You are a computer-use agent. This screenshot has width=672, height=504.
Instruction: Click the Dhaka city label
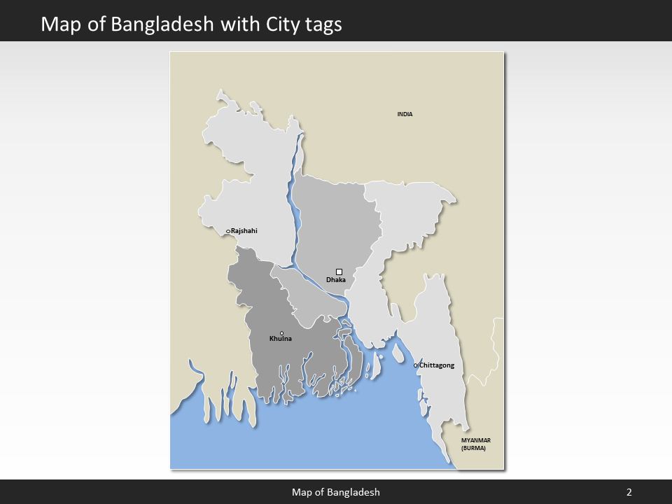336,281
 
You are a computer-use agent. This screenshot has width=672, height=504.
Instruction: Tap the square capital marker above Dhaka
339,272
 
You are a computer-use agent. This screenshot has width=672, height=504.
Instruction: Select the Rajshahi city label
244,230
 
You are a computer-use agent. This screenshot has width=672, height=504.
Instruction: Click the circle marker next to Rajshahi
228,231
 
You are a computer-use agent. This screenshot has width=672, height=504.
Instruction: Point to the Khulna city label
281,339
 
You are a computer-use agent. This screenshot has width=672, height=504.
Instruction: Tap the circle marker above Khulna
281,333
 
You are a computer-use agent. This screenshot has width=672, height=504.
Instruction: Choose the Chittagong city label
437,365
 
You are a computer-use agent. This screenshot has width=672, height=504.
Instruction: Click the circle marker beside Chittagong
416,365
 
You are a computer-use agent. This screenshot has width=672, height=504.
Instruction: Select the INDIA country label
405,114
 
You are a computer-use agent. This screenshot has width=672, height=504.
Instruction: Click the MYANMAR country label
476,440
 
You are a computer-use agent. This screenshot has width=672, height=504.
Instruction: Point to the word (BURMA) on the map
473,447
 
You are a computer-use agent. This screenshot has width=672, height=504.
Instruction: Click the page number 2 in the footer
629,492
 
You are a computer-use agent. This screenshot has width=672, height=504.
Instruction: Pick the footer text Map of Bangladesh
336,492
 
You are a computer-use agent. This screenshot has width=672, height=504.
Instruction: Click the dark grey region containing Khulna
294,364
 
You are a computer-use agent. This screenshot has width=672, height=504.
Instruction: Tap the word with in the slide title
241,24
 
